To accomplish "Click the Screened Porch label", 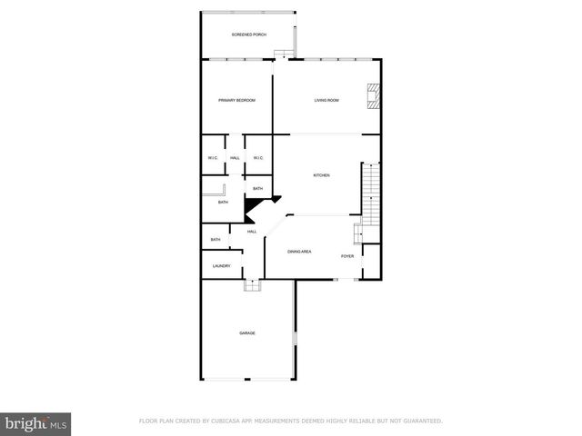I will click(248, 35).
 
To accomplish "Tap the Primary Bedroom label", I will click(236, 100).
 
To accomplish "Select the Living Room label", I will click(326, 100).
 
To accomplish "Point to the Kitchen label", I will click(322, 175).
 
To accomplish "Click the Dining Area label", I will click(300, 251).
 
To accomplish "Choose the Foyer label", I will click(347, 256).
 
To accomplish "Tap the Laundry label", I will click(221, 266).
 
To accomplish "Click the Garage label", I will click(247, 333).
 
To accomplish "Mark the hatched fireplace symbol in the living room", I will click(372, 96).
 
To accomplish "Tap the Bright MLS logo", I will click(36, 423).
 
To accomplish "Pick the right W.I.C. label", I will click(258, 158).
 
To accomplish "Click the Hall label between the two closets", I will click(235, 158).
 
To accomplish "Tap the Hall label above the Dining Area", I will click(252, 232).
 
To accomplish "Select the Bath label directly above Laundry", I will click(216, 240).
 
